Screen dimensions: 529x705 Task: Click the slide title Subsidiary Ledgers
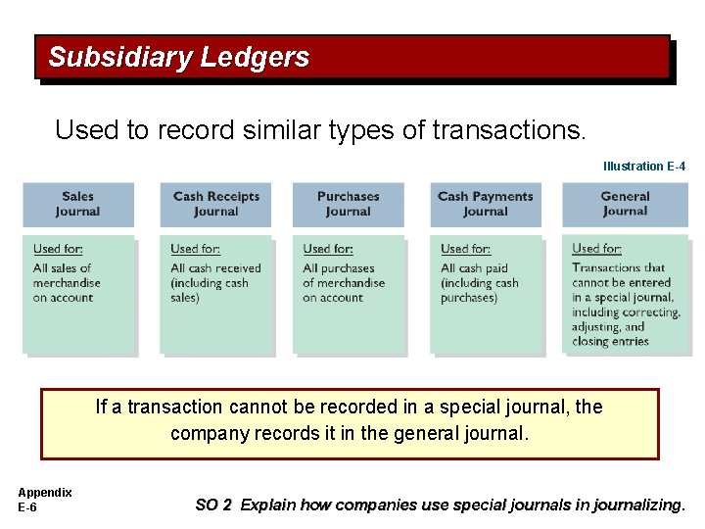[178, 58]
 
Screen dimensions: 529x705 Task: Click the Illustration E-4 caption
[643, 167]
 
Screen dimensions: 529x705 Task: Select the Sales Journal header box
[77, 204]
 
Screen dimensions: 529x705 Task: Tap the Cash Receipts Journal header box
[215, 204]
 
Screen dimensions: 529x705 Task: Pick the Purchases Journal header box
[348, 204]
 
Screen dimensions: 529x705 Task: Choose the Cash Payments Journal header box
[485, 204]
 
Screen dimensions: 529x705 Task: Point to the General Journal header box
[625, 204]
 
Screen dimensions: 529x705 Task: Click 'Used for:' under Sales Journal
[58, 250]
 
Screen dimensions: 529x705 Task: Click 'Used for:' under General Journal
[596, 249]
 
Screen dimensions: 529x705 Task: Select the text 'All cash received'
[215, 268]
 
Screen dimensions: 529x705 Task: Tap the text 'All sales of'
[62, 268]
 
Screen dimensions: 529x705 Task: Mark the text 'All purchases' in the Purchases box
[339, 268]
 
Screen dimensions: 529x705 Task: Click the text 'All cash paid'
[475, 268]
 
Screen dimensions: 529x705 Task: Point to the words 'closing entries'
[610, 341]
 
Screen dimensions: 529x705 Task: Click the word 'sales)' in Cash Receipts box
[185, 298]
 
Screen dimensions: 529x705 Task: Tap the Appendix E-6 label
[44, 500]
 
